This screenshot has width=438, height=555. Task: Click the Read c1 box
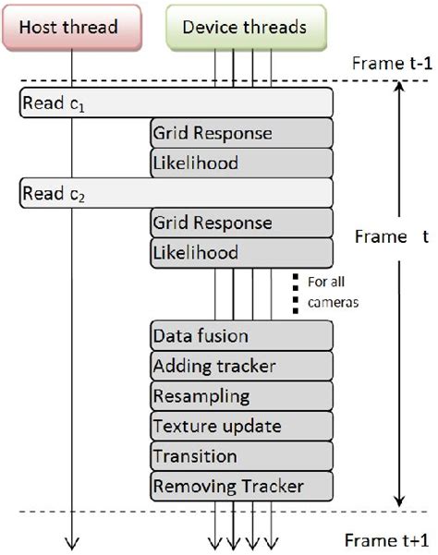176,103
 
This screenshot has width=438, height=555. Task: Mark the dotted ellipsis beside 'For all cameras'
296,292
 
